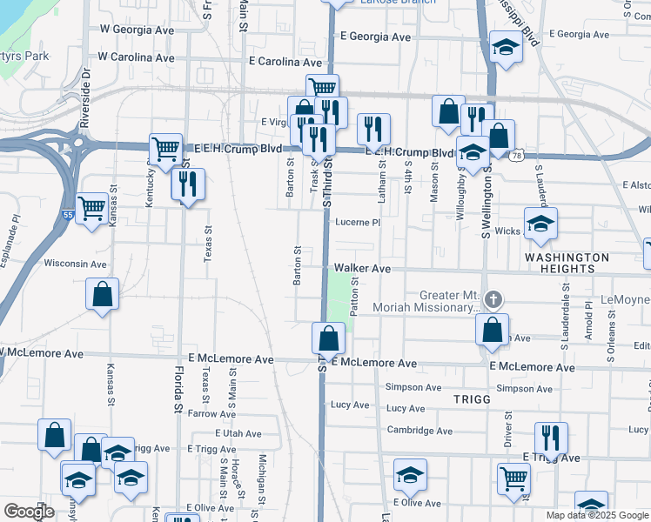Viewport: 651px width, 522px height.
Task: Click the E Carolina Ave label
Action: pyautogui.click(x=285, y=63)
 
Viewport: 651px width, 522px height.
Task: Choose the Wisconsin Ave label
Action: pyautogui.click(x=75, y=263)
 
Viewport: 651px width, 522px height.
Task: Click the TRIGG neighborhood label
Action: pyautogui.click(x=473, y=398)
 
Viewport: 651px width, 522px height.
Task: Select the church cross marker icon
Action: pyautogui.click(x=493, y=300)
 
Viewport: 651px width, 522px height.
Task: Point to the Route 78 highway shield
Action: pyautogui.click(x=517, y=156)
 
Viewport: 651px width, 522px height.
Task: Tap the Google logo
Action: pyautogui.click(x=29, y=512)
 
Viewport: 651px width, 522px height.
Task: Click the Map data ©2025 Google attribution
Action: pyautogui.click(x=597, y=515)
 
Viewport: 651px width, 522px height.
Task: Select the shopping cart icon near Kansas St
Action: pyautogui.click(x=91, y=208)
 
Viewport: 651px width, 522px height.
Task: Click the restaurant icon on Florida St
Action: pyautogui.click(x=187, y=183)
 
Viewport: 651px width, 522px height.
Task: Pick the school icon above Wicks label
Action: pyautogui.click(x=540, y=224)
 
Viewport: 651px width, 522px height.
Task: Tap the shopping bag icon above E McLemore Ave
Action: pyautogui.click(x=329, y=338)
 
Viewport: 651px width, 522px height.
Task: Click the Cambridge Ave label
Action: pyautogui.click(x=419, y=431)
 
